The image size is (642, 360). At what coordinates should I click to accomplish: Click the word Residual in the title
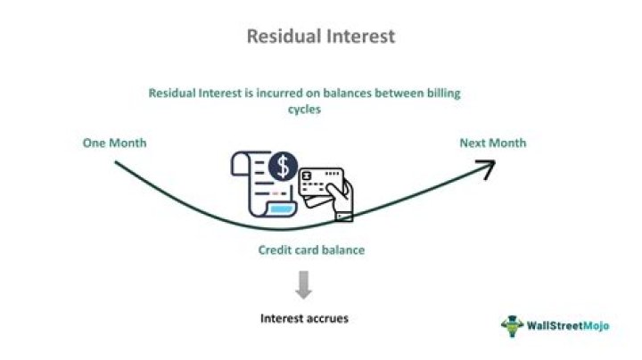click(274, 37)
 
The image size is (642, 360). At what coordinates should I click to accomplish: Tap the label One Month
click(115, 143)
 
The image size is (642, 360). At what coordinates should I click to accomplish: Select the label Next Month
click(492, 143)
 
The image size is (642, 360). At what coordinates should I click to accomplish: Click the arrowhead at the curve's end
click(487, 168)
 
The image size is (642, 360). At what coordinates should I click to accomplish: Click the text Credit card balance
click(311, 250)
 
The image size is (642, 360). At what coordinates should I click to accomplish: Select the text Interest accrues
click(305, 317)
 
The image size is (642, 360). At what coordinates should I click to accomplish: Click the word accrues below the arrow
click(328, 317)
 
